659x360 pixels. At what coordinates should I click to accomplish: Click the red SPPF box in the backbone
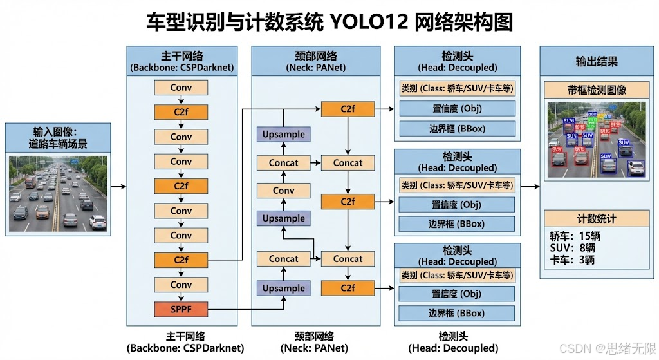(x=181, y=309)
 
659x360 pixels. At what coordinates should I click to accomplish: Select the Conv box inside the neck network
(x=283, y=191)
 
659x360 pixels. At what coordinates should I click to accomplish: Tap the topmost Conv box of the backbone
(x=181, y=88)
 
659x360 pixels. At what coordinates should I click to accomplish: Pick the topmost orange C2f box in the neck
(x=348, y=109)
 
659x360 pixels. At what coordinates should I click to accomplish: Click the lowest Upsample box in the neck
(x=283, y=289)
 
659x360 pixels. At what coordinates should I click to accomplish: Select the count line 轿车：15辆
(x=575, y=236)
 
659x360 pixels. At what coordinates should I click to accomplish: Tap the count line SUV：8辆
(x=572, y=248)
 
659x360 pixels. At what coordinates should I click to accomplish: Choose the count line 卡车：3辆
(x=572, y=260)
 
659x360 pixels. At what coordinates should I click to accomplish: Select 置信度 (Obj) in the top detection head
(x=457, y=108)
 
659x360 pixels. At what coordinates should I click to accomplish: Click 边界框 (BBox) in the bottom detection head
(x=457, y=314)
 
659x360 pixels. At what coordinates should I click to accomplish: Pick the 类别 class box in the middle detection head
(x=457, y=185)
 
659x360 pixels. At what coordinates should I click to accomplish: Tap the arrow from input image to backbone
(x=118, y=187)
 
